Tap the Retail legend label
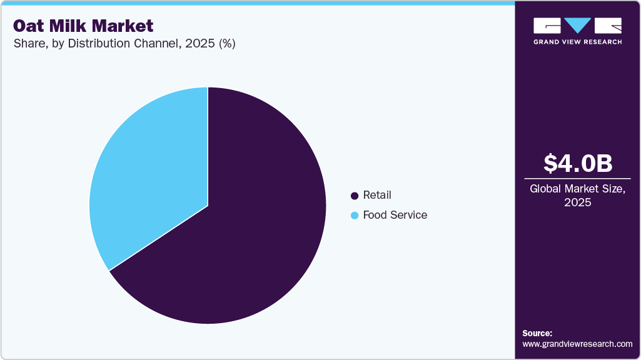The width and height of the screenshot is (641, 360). pyautogui.click(x=377, y=196)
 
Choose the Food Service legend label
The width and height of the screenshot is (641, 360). pyautogui.click(x=395, y=215)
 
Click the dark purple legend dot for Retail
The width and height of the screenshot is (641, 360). pyautogui.click(x=355, y=196)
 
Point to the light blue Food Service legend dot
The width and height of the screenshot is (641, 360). pyautogui.click(x=355, y=216)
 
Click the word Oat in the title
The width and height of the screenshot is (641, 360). pyautogui.click(x=28, y=26)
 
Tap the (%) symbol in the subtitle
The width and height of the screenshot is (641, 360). pyautogui.click(x=225, y=44)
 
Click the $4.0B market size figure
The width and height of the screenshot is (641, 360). pyautogui.click(x=577, y=164)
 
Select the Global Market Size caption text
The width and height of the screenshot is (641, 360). pyautogui.click(x=577, y=189)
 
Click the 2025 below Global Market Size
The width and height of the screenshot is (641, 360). pyautogui.click(x=577, y=202)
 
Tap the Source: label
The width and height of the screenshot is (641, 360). pyautogui.click(x=537, y=334)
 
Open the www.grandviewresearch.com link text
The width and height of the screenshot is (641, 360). pyautogui.click(x=577, y=344)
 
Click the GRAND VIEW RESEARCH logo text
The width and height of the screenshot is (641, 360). pyautogui.click(x=577, y=42)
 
